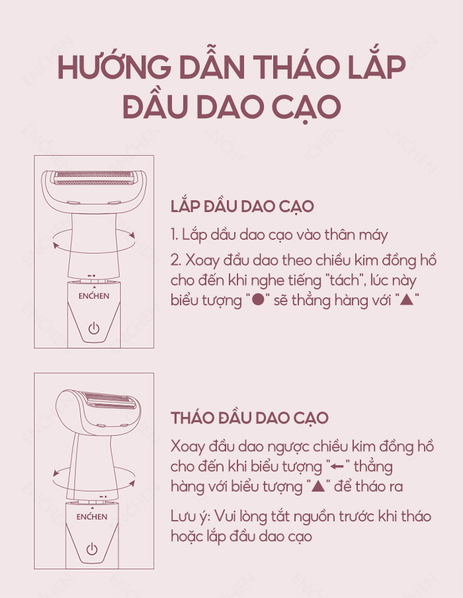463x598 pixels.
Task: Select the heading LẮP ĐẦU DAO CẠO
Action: [x=242, y=206]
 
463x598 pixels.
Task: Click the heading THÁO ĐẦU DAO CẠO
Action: [x=249, y=417]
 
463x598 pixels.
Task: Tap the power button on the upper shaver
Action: [x=94, y=328]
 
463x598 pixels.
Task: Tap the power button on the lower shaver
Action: [x=91, y=549]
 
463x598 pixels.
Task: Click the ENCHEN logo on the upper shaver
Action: [x=94, y=295]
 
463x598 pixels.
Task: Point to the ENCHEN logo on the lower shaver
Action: [x=91, y=517]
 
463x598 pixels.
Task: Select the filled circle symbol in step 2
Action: [x=259, y=301]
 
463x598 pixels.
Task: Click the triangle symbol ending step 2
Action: [x=407, y=300]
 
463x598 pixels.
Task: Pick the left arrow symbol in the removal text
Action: [x=338, y=467]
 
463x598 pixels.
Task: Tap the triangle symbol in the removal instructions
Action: [x=318, y=486]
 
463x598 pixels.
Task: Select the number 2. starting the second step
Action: [x=176, y=261]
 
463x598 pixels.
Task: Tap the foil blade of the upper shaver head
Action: [x=94, y=178]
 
